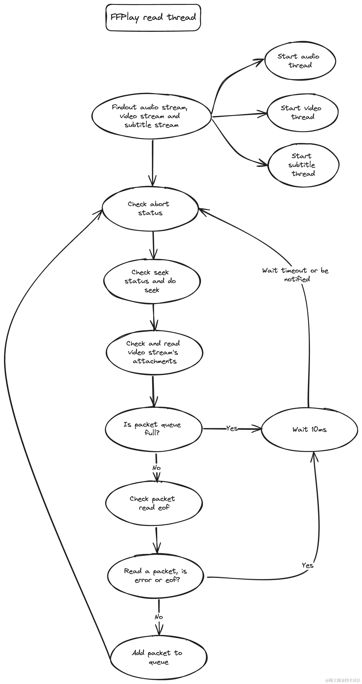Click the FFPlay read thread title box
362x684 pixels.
(153, 18)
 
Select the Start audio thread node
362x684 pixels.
(300, 61)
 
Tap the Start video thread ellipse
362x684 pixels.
(302, 113)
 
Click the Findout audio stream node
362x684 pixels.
(151, 116)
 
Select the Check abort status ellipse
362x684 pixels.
(150, 208)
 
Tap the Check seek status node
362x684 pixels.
(151, 281)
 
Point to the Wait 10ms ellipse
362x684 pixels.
(309, 429)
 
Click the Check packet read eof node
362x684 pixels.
(153, 503)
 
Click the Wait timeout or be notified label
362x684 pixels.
(296, 274)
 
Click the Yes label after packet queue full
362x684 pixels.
(232, 428)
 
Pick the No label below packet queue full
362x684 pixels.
(156, 468)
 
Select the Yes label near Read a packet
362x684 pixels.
(307, 565)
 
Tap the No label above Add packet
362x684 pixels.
(159, 616)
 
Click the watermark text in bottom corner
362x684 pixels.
(343, 680)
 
